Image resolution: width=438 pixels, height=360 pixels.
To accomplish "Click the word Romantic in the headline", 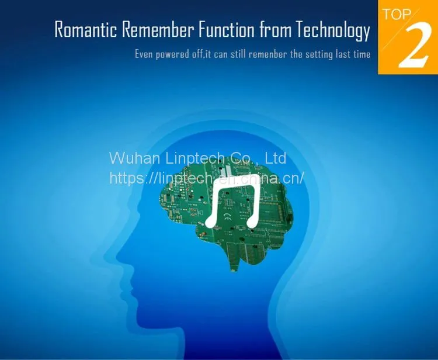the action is coord(86,29).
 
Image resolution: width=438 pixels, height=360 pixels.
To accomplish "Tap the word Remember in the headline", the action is coord(158,29).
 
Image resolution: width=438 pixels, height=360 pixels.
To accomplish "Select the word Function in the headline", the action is coord(227,29).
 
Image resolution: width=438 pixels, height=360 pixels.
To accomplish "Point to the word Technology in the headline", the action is coord(333,31).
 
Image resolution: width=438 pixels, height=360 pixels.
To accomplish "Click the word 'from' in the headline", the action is coord(276,29).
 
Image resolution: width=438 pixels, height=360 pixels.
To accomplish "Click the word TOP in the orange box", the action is coord(397,14).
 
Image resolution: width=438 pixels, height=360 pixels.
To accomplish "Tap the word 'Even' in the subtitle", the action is coord(144,54).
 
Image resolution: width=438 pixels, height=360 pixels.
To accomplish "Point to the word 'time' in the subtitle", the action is coord(361,54).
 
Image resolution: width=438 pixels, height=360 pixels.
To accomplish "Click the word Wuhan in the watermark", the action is coord(135,158).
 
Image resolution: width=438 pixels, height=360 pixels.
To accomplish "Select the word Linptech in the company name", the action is coord(195,159).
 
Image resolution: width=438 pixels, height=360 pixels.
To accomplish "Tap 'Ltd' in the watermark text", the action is coord(275,158).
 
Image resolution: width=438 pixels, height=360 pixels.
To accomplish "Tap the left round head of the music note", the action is coord(210,223).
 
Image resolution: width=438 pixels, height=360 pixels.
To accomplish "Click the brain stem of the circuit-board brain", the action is coord(234,263).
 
